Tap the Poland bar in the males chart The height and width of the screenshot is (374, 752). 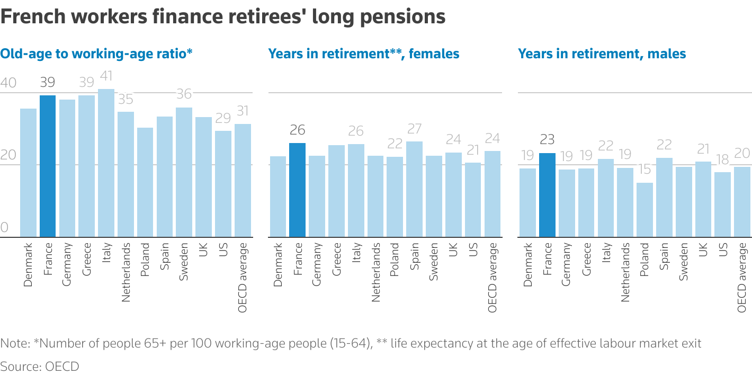(x=644, y=210)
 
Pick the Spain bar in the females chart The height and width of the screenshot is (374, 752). (x=414, y=189)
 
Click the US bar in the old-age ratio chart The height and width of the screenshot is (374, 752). (x=223, y=184)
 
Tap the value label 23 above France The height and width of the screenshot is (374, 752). (x=547, y=140)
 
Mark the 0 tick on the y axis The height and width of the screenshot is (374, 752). (x=5, y=227)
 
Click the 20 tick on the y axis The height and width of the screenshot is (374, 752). (x=8, y=155)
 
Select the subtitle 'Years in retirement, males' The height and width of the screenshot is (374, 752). (x=602, y=54)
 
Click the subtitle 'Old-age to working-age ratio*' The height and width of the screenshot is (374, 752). (x=95, y=54)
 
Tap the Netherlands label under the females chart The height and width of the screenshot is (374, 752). (x=375, y=272)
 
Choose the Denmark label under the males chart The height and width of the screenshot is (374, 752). (x=528, y=265)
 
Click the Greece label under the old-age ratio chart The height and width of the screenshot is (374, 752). (x=87, y=260)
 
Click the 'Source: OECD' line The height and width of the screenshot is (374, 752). (x=39, y=366)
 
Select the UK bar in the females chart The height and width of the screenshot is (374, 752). (x=453, y=194)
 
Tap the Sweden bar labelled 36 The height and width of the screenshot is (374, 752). (x=184, y=172)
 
